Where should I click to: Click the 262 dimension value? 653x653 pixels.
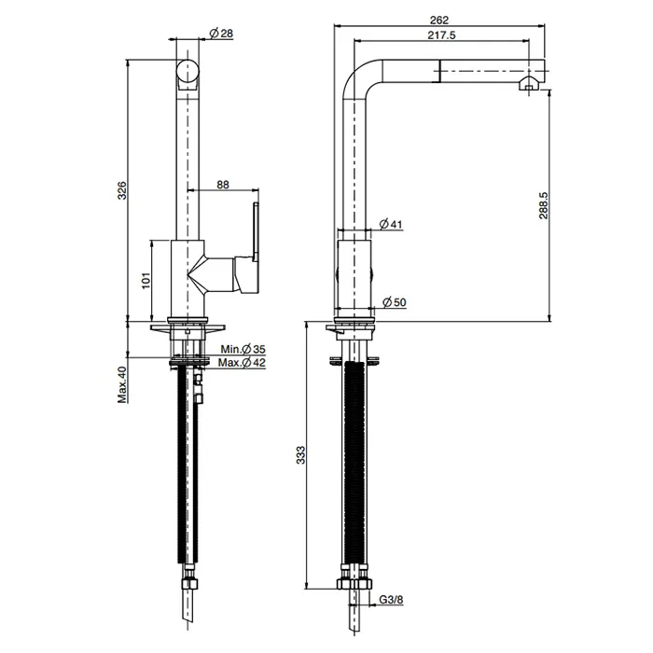[x=439, y=20]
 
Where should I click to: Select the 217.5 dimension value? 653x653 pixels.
[x=441, y=35]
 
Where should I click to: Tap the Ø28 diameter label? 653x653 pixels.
[x=221, y=34]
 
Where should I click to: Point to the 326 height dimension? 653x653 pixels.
[x=121, y=190]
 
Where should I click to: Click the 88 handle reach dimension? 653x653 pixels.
[x=223, y=185]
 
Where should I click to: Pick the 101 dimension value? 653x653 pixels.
[x=146, y=281]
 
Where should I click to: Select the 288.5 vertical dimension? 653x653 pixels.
[x=543, y=206]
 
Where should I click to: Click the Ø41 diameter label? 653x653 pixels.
[x=391, y=225]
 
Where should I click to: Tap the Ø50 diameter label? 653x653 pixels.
[x=394, y=302]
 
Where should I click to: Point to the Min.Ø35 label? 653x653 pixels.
[x=243, y=349]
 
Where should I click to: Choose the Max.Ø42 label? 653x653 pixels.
[x=242, y=363]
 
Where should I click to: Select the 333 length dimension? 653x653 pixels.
[x=300, y=455]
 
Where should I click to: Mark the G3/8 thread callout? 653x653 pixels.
[x=391, y=600]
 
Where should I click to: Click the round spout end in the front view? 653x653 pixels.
[x=188, y=72]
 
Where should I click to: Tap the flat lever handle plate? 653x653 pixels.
[x=256, y=231]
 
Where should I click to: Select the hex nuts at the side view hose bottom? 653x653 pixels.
[x=354, y=583]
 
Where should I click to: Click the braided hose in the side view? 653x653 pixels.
[x=354, y=463]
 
